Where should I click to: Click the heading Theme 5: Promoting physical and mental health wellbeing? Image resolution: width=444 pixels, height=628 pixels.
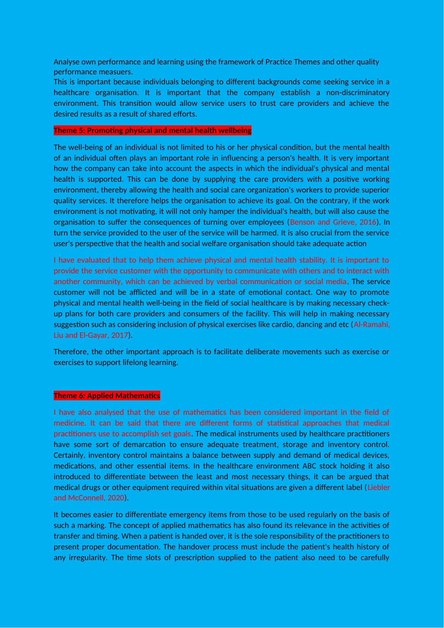152,131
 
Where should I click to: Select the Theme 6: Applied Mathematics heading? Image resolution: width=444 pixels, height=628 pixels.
107,396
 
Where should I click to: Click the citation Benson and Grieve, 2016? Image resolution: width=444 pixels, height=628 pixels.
333,222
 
